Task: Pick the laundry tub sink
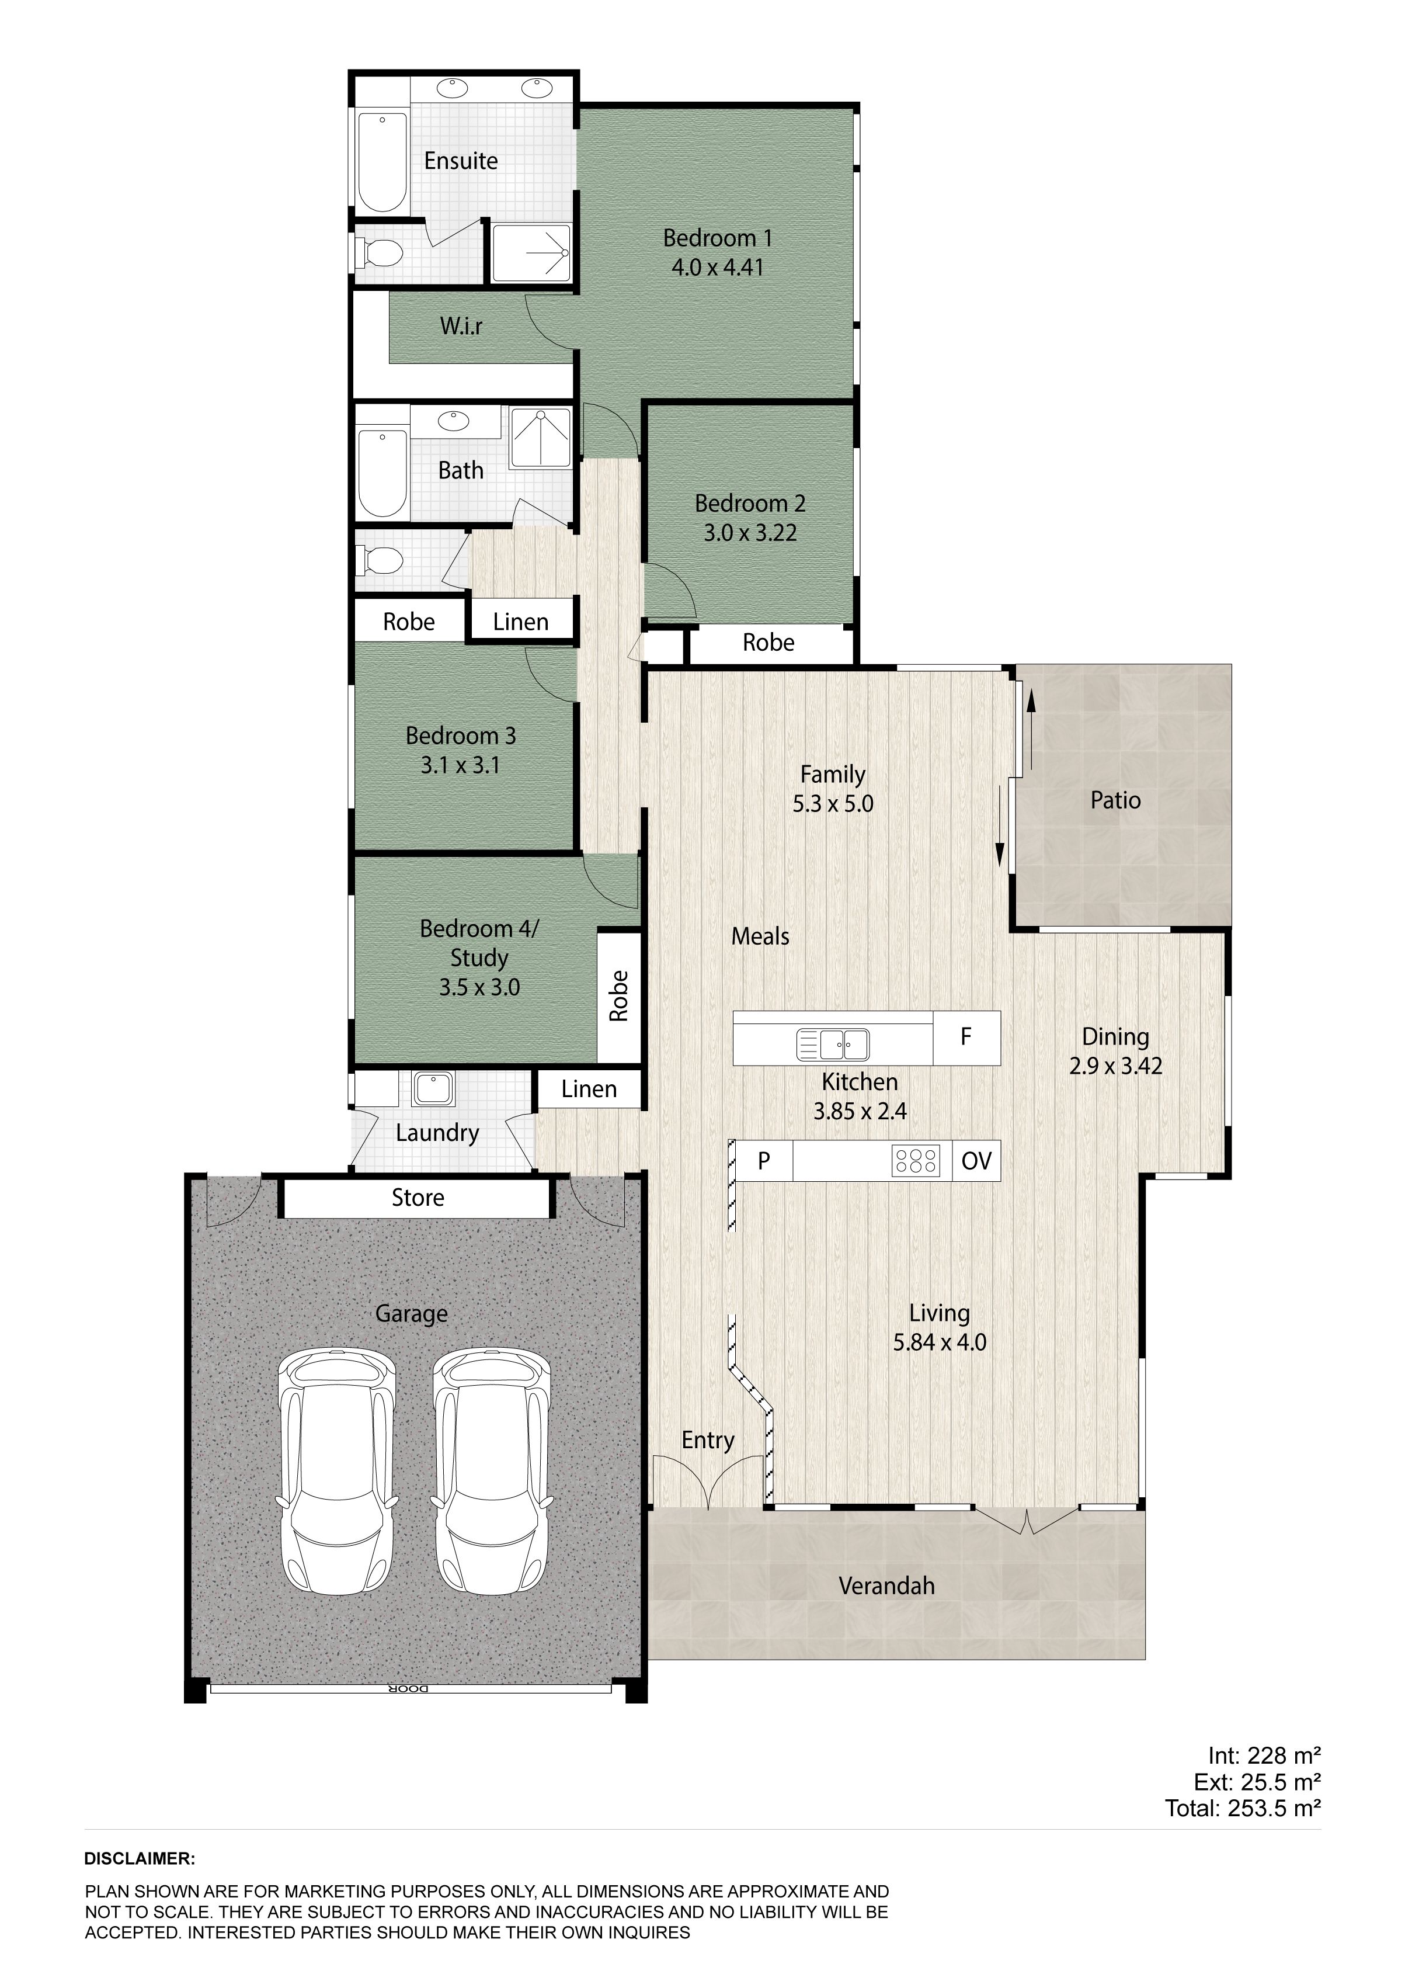[x=434, y=1088]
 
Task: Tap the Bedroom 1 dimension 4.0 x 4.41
[x=718, y=268]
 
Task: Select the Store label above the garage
[x=418, y=1198]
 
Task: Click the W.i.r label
[x=461, y=327]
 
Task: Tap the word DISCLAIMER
[x=140, y=1859]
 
